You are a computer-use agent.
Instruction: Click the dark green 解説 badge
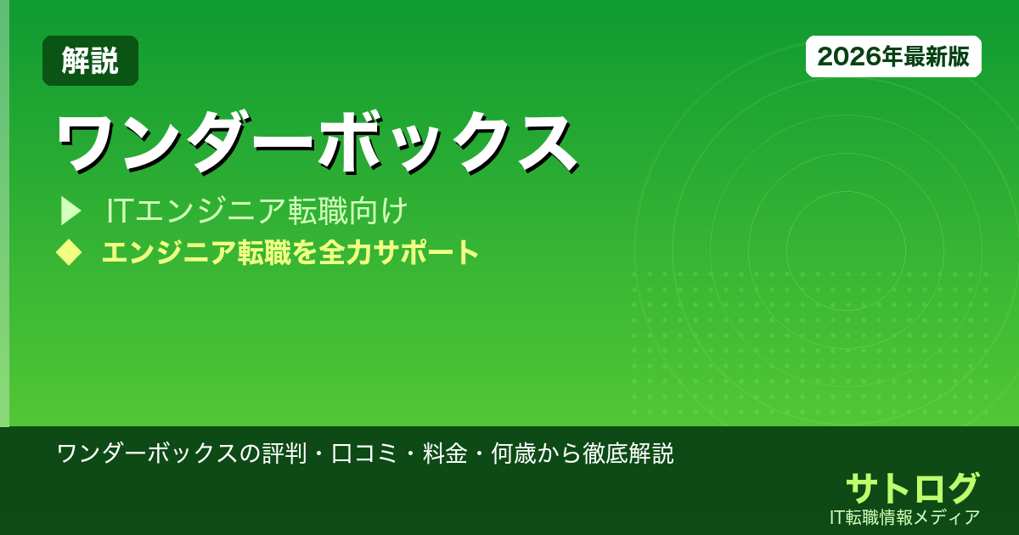coord(90,60)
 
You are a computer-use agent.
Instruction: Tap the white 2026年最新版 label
coord(893,57)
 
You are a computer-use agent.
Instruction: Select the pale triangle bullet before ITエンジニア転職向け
coord(70,211)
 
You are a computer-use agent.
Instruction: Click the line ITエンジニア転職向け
coord(257,211)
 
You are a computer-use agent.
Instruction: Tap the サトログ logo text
coord(912,488)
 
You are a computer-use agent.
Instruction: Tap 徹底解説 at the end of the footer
coord(628,453)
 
